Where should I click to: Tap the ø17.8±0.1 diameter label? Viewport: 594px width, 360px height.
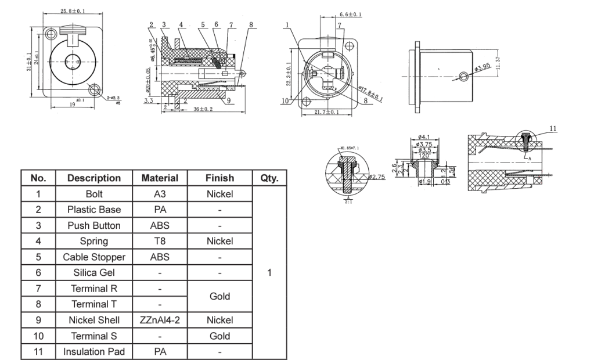(370, 93)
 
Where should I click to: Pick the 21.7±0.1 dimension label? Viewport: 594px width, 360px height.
(327, 111)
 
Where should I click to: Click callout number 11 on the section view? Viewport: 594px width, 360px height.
(553, 128)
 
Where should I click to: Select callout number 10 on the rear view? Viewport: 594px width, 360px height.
(285, 101)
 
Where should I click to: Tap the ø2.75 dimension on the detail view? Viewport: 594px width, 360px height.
(377, 177)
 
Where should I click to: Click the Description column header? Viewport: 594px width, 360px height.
(94, 178)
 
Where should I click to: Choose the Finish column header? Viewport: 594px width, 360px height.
(220, 178)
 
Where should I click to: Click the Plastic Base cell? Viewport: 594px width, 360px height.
(94, 210)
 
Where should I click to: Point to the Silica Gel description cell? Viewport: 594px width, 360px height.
(94, 272)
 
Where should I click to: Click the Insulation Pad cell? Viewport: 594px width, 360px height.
(94, 351)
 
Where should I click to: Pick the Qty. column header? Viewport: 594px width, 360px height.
(269, 178)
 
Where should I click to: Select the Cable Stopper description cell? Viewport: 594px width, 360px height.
(94, 257)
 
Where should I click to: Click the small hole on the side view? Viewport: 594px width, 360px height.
(463, 76)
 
